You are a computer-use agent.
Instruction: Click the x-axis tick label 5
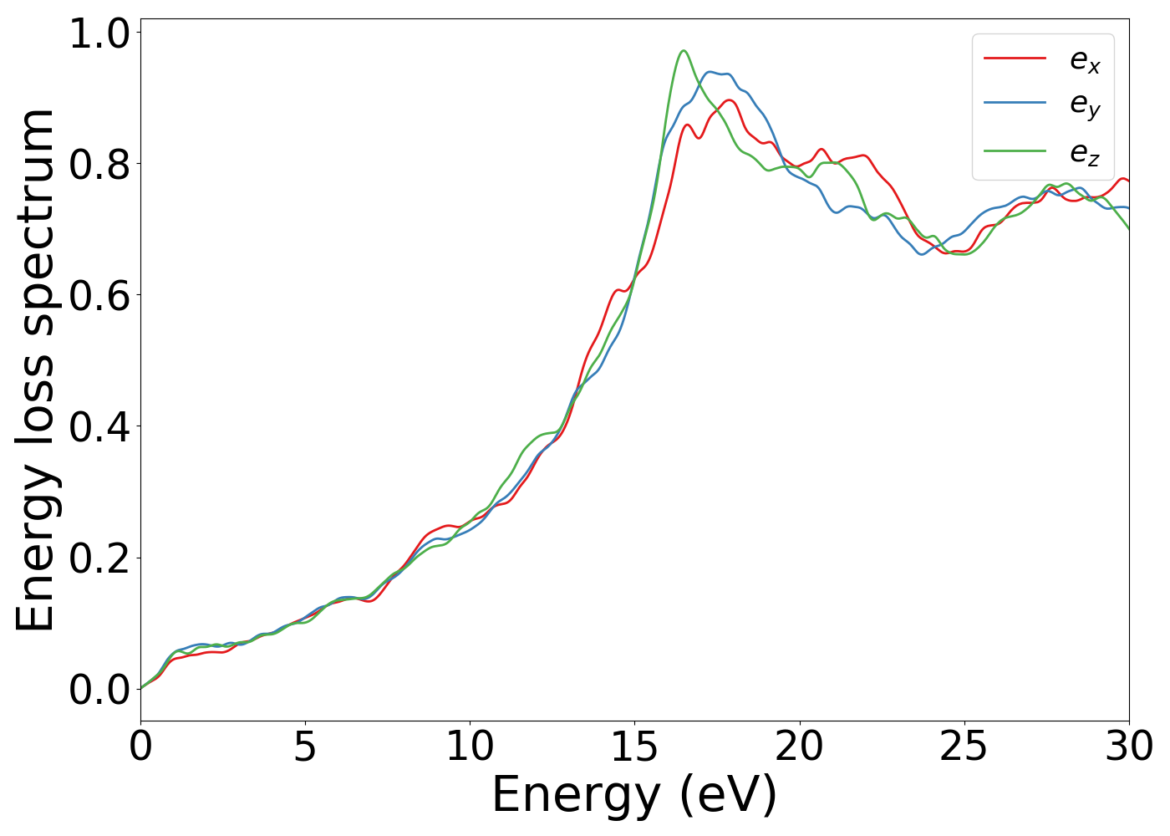pyautogui.click(x=305, y=747)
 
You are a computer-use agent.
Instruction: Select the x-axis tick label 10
pyautogui.click(x=470, y=747)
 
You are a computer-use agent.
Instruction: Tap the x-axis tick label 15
pyautogui.click(x=634, y=747)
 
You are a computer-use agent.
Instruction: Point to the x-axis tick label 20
pyautogui.click(x=799, y=747)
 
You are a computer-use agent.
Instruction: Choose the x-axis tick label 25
pyautogui.click(x=964, y=747)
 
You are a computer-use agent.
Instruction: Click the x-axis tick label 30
pyautogui.click(x=1128, y=747)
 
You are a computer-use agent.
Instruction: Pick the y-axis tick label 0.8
pyautogui.click(x=99, y=165)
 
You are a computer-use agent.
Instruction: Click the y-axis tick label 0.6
pyautogui.click(x=99, y=296)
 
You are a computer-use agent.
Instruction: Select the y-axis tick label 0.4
pyautogui.click(x=99, y=427)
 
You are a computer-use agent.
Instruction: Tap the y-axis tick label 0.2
pyautogui.click(x=99, y=558)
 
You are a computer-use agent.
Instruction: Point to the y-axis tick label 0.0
pyautogui.click(x=99, y=690)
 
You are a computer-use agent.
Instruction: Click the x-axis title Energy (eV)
pyautogui.click(x=634, y=795)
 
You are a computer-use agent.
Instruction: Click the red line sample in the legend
pyautogui.click(x=1015, y=59)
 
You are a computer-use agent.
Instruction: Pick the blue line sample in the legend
pyautogui.click(x=1015, y=103)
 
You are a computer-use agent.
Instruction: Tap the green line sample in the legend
pyautogui.click(x=1015, y=151)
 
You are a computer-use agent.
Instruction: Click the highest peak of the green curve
pyautogui.click(x=684, y=51)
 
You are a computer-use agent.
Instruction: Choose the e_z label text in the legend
pyautogui.click(x=1085, y=153)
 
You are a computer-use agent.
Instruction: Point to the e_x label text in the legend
pyautogui.click(x=1085, y=60)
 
